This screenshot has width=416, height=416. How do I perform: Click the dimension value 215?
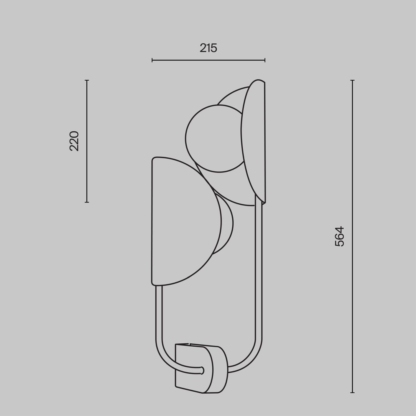[x=208, y=48]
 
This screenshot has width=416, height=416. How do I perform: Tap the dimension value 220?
[x=74, y=141]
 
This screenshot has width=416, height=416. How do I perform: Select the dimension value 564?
[x=339, y=236]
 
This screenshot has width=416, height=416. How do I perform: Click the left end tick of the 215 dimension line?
[x=152, y=60]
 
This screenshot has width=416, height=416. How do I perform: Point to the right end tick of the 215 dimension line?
[x=265, y=60]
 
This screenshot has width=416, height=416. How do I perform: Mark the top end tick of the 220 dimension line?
[x=87, y=80]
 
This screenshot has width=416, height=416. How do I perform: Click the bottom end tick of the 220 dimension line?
[x=87, y=202]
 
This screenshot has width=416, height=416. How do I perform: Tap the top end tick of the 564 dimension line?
[x=352, y=80]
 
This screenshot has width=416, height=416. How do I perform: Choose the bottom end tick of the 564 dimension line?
[x=352, y=392]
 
